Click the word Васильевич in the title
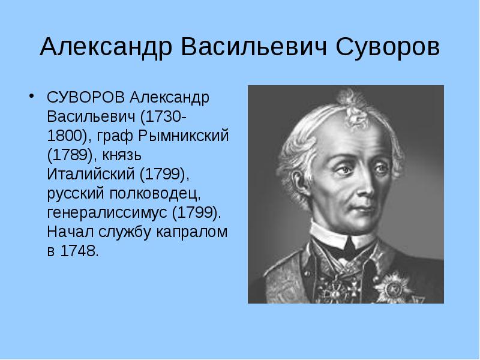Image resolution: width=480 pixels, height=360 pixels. (254, 47)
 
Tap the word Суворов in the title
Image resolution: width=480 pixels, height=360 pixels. (388, 47)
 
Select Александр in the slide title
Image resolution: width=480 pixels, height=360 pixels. (106, 47)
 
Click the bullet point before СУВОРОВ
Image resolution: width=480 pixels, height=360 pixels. (31, 96)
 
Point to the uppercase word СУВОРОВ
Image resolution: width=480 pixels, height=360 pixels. (86, 97)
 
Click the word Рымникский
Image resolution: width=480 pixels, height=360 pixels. (184, 136)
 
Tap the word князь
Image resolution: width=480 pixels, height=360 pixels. (122, 155)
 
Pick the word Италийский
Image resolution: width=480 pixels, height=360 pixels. (91, 173)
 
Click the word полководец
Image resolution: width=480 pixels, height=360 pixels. (155, 194)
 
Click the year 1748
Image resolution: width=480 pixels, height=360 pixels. (80, 251)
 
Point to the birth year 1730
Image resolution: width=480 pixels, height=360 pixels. (162, 116)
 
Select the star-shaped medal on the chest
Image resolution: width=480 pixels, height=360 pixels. (394, 288)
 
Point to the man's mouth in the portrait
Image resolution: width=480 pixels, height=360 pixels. (363, 209)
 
